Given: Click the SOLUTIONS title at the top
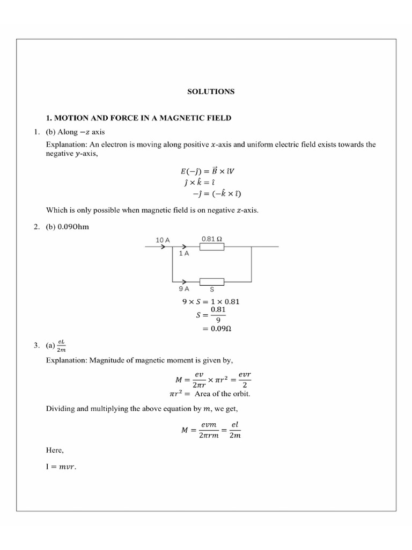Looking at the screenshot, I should [x=211, y=92].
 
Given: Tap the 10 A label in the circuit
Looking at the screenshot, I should [x=163, y=240].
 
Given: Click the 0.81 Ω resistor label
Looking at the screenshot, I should [x=212, y=238].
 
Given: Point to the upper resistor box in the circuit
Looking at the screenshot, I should [x=212, y=247].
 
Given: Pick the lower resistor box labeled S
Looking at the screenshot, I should [x=212, y=281].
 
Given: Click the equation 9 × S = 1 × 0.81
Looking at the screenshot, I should [x=211, y=301].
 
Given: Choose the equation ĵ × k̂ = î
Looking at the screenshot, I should [x=201, y=183].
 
